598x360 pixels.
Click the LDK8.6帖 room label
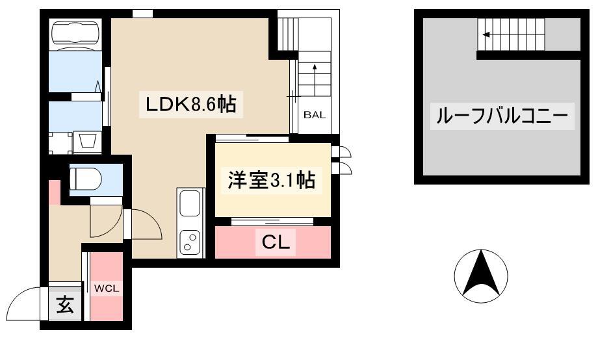click(191, 104)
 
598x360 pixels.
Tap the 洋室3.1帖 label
click(271, 180)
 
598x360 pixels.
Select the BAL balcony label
click(315, 115)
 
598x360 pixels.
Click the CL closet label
click(276, 242)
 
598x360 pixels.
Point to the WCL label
click(107, 289)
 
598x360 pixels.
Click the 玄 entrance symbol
click(65, 305)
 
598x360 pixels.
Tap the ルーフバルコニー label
click(502, 116)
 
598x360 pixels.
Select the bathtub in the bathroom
click(76, 34)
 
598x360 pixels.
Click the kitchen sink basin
click(190, 203)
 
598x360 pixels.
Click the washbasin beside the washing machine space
click(88, 142)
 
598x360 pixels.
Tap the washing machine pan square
click(60, 142)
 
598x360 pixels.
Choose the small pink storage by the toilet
click(55, 192)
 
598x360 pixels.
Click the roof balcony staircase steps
click(511, 34)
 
